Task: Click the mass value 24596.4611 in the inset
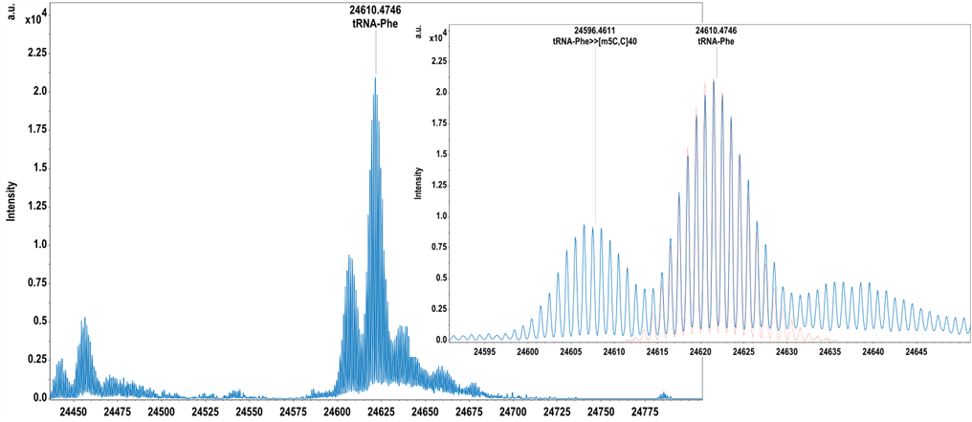(x=596, y=31)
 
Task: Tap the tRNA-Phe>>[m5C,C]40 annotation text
(x=596, y=41)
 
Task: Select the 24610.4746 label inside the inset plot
(x=716, y=31)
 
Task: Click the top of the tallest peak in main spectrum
(x=375, y=78)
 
